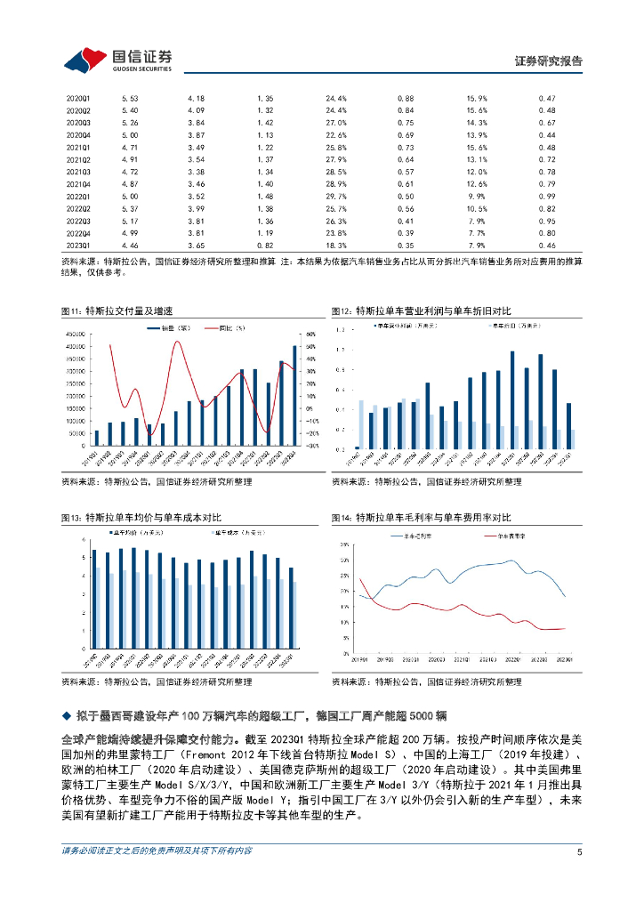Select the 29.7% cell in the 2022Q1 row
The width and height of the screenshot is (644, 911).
(x=335, y=195)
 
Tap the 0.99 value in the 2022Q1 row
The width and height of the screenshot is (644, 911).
(x=547, y=195)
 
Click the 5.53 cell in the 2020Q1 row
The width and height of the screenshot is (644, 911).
(x=129, y=97)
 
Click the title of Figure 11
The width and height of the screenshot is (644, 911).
(x=117, y=310)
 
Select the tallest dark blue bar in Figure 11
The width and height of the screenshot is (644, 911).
(x=295, y=394)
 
